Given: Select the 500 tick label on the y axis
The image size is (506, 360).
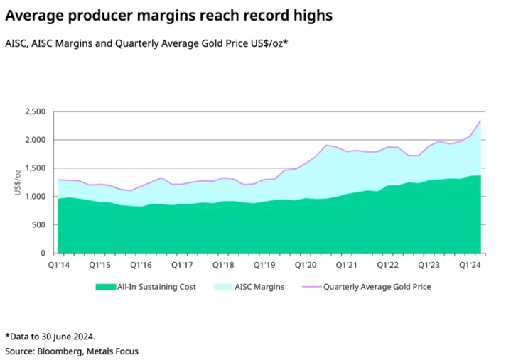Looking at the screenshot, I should (x=38, y=225).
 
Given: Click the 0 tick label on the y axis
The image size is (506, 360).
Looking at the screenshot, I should (x=43, y=253).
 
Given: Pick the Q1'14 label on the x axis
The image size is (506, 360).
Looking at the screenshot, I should (x=58, y=264).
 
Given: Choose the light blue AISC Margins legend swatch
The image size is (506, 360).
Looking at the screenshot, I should (x=226, y=288).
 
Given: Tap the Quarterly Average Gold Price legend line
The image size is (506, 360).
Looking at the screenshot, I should (x=310, y=288).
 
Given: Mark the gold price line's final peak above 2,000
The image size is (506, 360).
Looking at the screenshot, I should (x=480, y=121).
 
